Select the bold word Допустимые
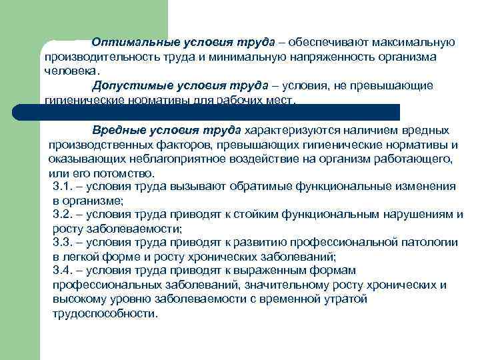pos(127,85)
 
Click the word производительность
pos(93,57)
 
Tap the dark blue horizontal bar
pos(220,111)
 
